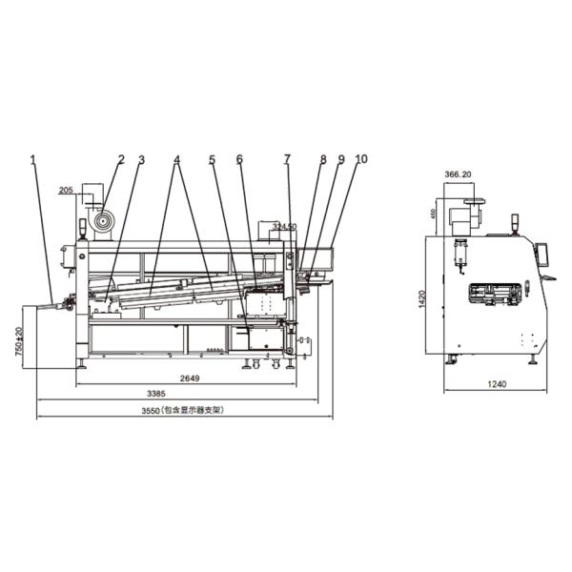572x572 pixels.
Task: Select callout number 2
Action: click(121, 159)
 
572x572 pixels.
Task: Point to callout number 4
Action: click(177, 159)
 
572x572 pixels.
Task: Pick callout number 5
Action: click(212, 159)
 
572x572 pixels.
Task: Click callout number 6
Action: click(239, 159)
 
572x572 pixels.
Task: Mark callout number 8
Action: click(322, 159)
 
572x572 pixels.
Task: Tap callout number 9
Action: click(339, 159)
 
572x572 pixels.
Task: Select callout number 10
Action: click(359, 159)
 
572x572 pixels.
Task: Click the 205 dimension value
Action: click(66, 190)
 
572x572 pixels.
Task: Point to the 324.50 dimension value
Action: click(284, 227)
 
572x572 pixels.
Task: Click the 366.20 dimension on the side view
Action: click(459, 175)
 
